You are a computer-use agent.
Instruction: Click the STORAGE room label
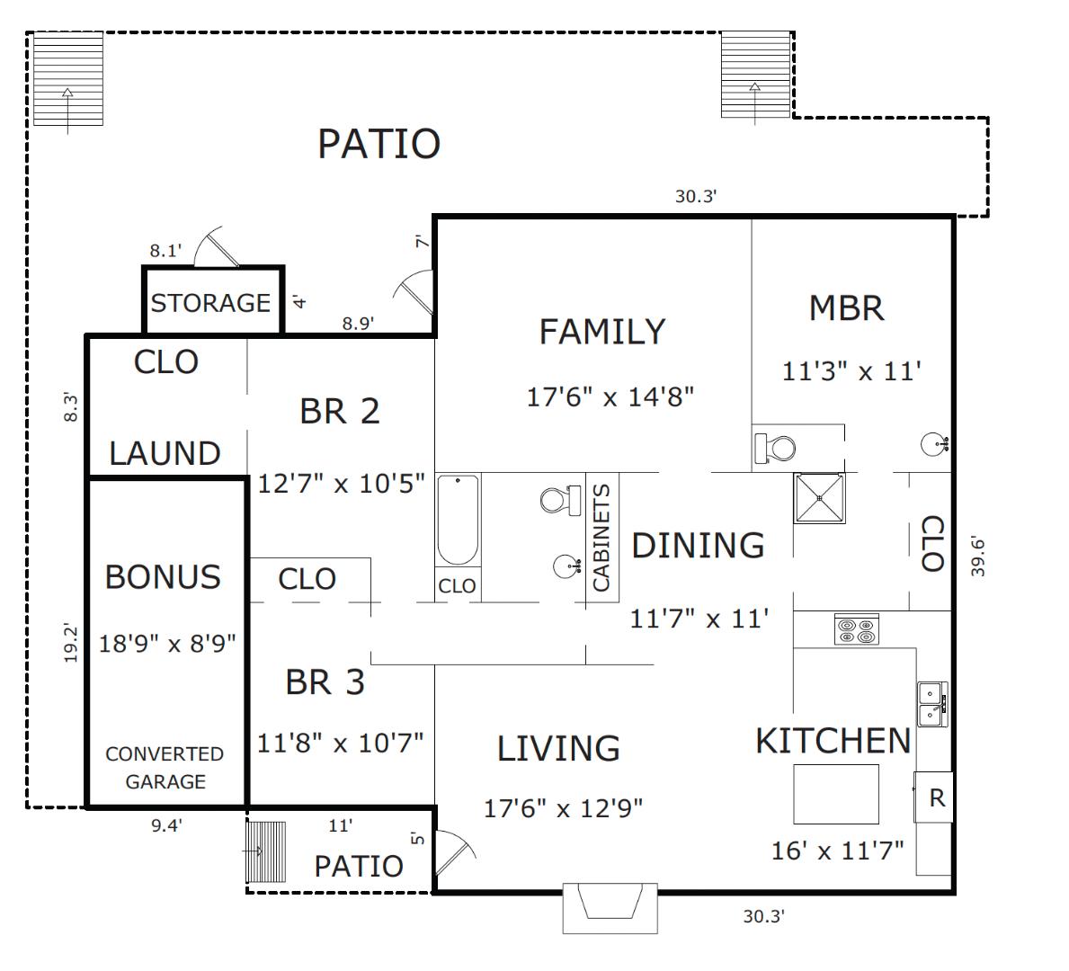pyautogui.click(x=210, y=303)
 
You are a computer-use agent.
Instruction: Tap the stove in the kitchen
pyautogui.click(x=857, y=629)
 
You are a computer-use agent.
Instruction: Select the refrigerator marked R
pyautogui.click(x=934, y=797)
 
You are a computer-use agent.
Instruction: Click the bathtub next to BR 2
pyautogui.click(x=458, y=521)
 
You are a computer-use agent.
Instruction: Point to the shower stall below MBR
pyautogui.click(x=819, y=498)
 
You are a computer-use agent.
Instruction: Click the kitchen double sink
pyautogui.click(x=932, y=705)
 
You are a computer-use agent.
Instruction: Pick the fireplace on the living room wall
pyautogui.click(x=610, y=908)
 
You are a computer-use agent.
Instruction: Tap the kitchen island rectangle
pyautogui.click(x=836, y=795)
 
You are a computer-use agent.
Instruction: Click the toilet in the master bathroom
pyautogui.click(x=775, y=449)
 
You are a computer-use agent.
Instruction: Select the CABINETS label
pyautogui.click(x=601, y=538)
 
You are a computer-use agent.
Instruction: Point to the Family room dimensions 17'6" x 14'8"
pyautogui.click(x=610, y=396)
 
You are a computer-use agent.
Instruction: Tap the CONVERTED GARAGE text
pyautogui.click(x=165, y=767)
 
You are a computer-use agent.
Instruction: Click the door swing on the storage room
pyautogui.click(x=215, y=247)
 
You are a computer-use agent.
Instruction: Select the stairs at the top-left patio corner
pyautogui.click(x=68, y=78)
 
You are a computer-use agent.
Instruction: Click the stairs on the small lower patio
pyautogui.click(x=266, y=851)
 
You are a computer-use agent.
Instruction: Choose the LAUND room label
pyautogui.click(x=165, y=453)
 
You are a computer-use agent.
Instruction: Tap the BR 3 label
pyautogui.click(x=325, y=681)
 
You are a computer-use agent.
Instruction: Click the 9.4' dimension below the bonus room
pyautogui.click(x=166, y=825)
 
